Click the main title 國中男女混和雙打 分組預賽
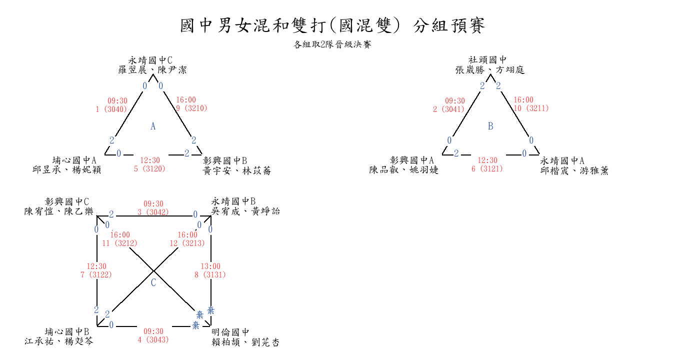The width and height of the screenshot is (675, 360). (x=332, y=25)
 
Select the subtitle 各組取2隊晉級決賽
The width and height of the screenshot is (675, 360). (x=332, y=44)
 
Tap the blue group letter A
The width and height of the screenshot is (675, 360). (x=153, y=126)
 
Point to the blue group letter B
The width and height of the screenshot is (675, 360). (x=490, y=126)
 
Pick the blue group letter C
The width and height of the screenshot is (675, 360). (x=153, y=282)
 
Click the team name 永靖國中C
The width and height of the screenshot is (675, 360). (x=150, y=60)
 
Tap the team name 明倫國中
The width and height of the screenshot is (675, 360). (x=230, y=332)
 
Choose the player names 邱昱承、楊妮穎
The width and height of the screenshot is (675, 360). (x=67, y=170)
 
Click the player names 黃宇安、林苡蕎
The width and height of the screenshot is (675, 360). (x=237, y=171)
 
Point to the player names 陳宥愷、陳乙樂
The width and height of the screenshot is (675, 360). (x=59, y=211)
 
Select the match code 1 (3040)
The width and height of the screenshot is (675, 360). (x=111, y=109)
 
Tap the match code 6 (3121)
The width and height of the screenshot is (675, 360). (x=487, y=168)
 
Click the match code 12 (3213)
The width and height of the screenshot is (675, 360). (x=187, y=243)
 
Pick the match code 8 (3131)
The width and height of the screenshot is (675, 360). (x=210, y=274)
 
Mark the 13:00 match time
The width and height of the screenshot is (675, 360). (x=210, y=266)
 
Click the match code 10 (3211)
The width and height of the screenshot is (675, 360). (x=531, y=108)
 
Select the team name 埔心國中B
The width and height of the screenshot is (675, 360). (x=67, y=331)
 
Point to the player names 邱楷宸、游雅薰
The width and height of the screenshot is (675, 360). (x=574, y=171)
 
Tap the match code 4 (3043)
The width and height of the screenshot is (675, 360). (x=153, y=340)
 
